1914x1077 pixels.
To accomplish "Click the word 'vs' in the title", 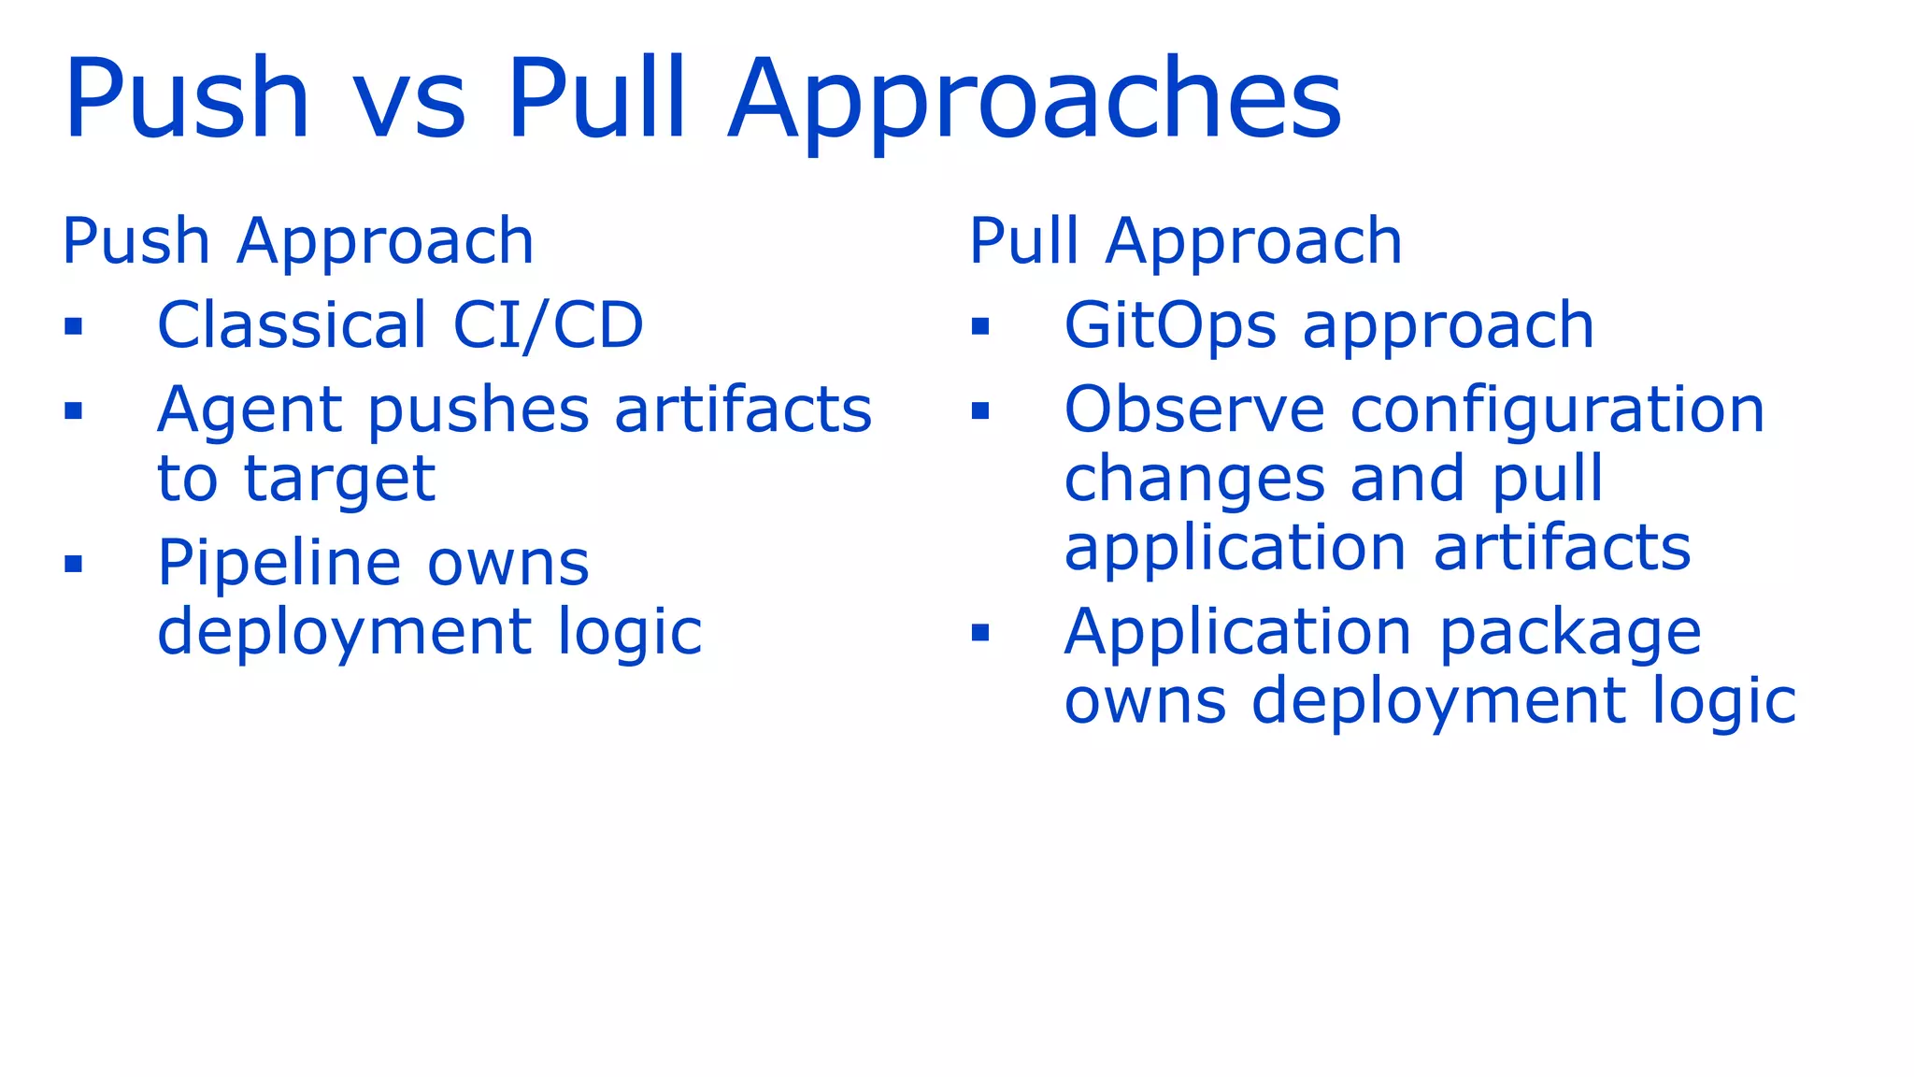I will [x=408, y=103].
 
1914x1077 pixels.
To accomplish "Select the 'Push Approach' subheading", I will [x=298, y=241].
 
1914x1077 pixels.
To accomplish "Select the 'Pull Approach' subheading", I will [x=1185, y=241].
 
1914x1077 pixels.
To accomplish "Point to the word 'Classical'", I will [x=292, y=325].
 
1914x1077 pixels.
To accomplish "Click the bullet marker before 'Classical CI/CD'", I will [x=74, y=327].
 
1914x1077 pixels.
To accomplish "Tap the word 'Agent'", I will [x=250, y=411].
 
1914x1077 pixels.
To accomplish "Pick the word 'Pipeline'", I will [x=279, y=564].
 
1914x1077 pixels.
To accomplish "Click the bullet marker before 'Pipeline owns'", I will [x=74, y=564].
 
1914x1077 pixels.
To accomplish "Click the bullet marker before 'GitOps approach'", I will [x=979, y=327].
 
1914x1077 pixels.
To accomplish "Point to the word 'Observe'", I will [x=1194, y=411].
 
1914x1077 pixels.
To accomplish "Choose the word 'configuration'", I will [x=1557, y=411].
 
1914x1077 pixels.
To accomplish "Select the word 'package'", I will [x=1570, y=634].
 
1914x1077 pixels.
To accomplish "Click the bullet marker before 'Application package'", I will [x=979, y=634].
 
